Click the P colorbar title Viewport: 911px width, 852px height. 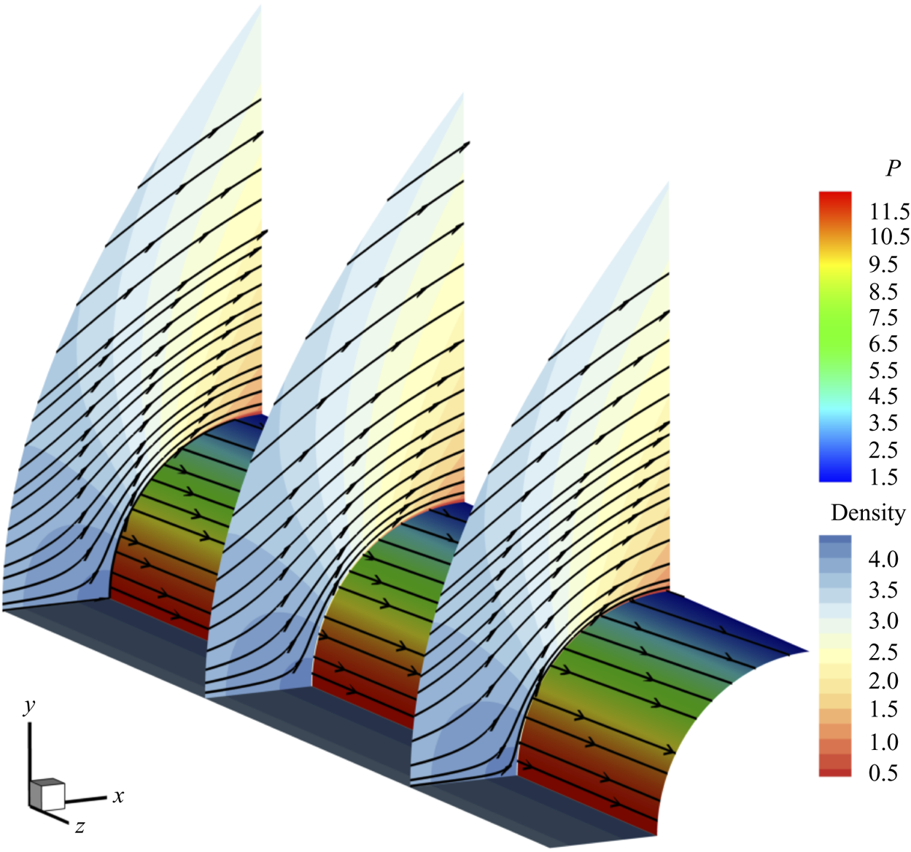(893, 169)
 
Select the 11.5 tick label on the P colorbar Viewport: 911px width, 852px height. (889, 212)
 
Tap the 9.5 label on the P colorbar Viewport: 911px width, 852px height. (883, 265)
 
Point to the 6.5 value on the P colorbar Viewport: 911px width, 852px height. (883, 344)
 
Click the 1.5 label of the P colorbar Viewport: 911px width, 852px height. (883, 477)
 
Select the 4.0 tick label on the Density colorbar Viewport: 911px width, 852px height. (883, 560)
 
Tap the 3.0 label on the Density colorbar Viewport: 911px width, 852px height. (883, 621)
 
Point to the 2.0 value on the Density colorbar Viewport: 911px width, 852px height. (883, 681)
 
